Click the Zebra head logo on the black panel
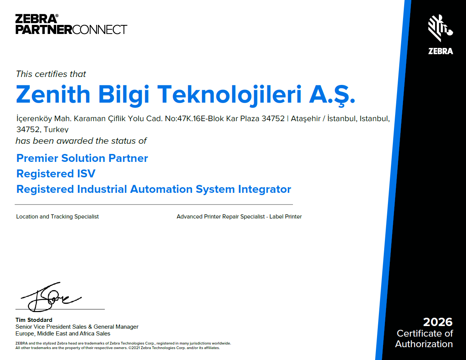(440, 28)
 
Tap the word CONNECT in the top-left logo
(100, 29)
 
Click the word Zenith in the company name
(53, 94)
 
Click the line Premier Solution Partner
(82, 158)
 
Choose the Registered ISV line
(56, 174)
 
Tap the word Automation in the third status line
(161, 189)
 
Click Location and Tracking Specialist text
(57, 217)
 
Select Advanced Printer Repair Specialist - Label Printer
(239, 217)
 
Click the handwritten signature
(51, 297)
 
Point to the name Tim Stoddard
(34, 320)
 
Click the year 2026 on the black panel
(438, 322)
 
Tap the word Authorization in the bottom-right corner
(424, 344)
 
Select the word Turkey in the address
(56, 129)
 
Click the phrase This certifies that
(51, 74)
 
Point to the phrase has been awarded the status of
(81, 141)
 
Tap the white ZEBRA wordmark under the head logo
(440, 51)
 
